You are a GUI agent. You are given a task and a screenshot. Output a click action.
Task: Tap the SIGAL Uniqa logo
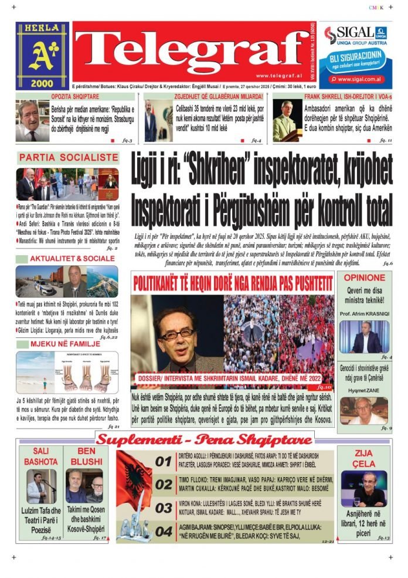[x=356, y=35]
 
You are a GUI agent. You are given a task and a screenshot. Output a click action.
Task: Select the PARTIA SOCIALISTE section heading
[x=69, y=158]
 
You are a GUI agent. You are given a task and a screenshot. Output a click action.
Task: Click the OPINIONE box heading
[x=365, y=278]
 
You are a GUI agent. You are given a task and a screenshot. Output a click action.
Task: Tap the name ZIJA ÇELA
[x=364, y=459]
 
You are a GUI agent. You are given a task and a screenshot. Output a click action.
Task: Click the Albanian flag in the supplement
[x=134, y=479]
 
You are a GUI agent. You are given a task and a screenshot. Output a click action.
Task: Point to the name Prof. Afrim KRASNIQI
[x=364, y=313]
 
